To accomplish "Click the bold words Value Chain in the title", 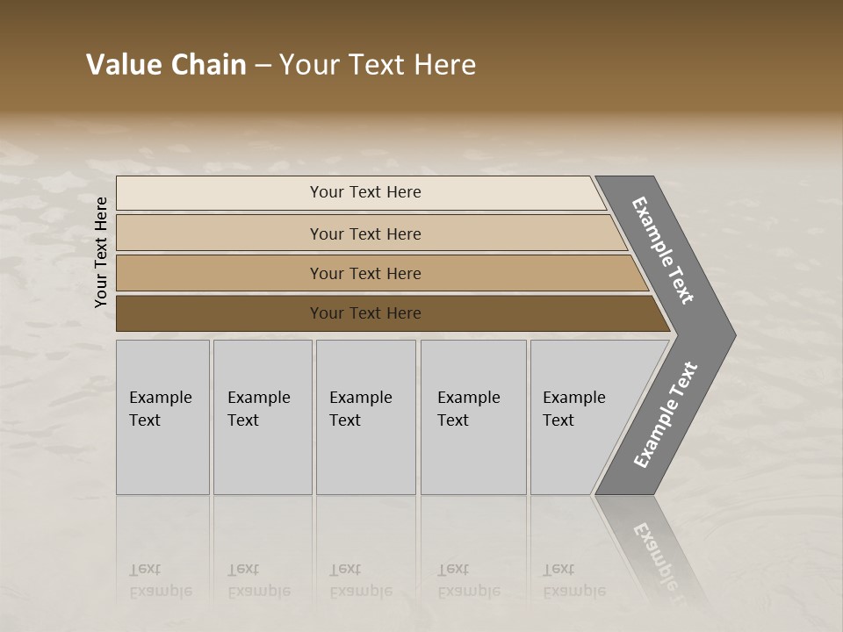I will tap(166, 65).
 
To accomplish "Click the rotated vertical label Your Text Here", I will tap(101, 252).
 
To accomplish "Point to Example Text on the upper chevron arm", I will tap(663, 250).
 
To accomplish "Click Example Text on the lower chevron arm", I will tap(666, 415).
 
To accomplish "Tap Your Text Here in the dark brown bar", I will tap(365, 313).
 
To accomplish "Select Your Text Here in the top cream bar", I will tap(365, 192).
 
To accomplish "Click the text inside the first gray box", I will tap(160, 409).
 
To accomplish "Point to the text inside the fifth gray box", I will tap(573, 409).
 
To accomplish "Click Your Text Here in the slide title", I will tap(378, 65).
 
